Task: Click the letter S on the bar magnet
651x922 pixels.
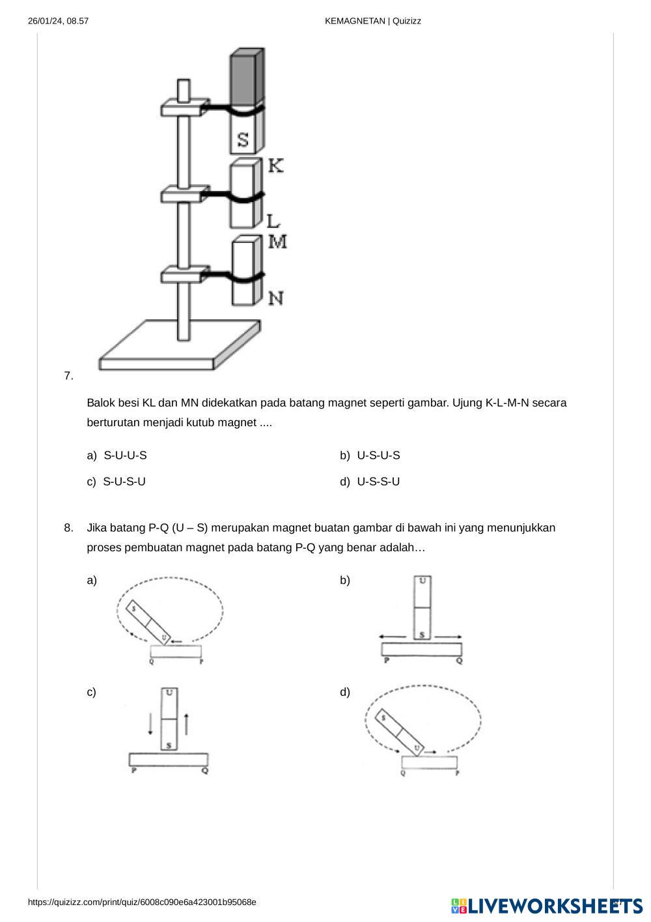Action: click(x=243, y=140)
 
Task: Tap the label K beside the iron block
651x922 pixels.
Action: click(x=275, y=166)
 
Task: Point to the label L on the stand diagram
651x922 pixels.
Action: click(x=273, y=221)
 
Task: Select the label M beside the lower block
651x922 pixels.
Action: click(x=277, y=241)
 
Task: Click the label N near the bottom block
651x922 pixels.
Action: click(x=276, y=298)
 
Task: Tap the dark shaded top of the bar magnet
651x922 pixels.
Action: click(x=247, y=78)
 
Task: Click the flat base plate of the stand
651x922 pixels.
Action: click(x=179, y=345)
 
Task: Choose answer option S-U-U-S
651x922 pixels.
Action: click(x=125, y=455)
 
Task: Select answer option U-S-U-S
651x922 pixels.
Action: click(x=378, y=455)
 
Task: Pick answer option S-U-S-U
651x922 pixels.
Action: click(x=124, y=482)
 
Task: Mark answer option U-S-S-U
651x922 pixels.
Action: click(x=378, y=482)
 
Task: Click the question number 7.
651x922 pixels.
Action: click(x=68, y=376)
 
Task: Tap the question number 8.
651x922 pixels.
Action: click(x=68, y=528)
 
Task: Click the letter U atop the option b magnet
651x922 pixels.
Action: click(x=422, y=581)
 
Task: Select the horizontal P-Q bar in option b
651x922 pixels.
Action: click(x=422, y=650)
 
